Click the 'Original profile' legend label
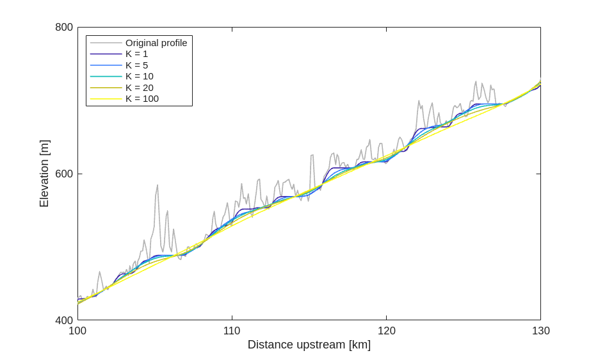156,43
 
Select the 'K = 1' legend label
136,54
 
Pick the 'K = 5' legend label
136,65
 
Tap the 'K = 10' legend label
139,76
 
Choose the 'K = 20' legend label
139,88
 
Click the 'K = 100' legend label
141,99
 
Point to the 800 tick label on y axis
64,28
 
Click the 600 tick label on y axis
64,174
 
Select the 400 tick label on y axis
64,320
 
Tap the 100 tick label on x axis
77,331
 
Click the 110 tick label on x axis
232,331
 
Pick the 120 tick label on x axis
386,331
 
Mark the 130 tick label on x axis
540,331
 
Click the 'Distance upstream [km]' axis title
309,345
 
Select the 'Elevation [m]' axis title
44,174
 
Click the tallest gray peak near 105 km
158,186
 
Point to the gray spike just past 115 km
312,155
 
